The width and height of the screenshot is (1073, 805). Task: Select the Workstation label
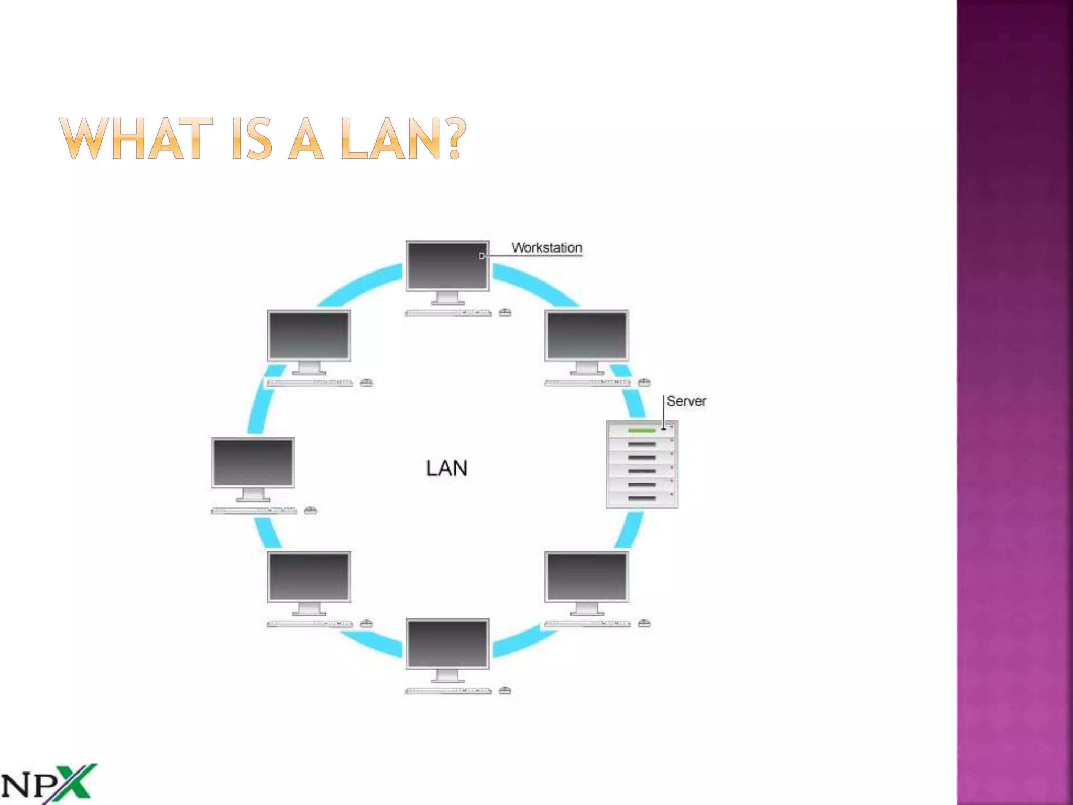point(546,247)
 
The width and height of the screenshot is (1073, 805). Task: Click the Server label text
point(686,401)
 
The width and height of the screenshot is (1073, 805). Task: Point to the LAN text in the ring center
point(446,468)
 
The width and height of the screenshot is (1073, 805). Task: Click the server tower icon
point(642,464)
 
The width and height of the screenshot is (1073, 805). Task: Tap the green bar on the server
point(642,431)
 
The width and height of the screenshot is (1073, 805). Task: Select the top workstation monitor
point(447,266)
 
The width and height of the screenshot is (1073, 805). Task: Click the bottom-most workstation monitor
point(447,644)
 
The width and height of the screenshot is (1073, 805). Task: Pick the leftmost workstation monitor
point(253,463)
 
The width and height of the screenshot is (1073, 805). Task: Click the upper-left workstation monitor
point(309,335)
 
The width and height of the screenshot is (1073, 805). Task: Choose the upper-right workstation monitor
point(586,335)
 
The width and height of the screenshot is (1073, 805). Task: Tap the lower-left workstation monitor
point(309,576)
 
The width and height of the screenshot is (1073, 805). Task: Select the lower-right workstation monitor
point(586,576)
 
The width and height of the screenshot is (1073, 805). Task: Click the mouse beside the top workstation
point(505,313)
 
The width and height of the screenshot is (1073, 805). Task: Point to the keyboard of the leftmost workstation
point(254,510)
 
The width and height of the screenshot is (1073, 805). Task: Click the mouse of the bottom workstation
point(505,691)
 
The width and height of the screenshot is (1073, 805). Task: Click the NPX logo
point(49,784)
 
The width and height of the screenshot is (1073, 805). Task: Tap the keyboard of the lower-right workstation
point(587,624)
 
